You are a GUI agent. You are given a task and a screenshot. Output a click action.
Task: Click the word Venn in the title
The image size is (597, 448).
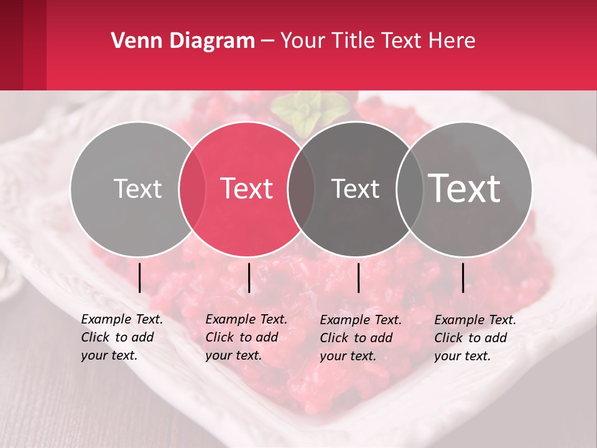click(x=131, y=40)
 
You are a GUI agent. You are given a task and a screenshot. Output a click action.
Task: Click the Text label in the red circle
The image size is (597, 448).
click(x=247, y=189)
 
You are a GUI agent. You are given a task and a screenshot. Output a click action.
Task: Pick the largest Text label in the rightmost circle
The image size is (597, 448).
click(x=465, y=188)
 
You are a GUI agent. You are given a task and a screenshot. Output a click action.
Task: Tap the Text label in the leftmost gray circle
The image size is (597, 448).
click(x=137, y=189)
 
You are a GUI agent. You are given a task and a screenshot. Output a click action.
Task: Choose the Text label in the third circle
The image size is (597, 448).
click(x=355, y=189)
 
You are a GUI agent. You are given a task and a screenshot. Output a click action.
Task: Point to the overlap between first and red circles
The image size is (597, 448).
click(x=192, y=189)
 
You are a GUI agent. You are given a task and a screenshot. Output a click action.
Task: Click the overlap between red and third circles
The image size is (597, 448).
click(x=301, y=189)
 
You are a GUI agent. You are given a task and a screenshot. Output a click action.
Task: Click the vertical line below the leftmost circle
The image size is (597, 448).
click(x=140, y=278)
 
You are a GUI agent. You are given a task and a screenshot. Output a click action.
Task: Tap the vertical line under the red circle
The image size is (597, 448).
click(x=249, y=278)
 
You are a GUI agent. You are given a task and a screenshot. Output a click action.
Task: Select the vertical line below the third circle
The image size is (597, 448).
click(x=358, y=278)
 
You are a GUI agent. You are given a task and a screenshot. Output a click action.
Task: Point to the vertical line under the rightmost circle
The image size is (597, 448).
click(x=463, y=278)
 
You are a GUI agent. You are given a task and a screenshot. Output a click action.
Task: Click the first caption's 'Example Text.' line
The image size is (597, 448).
click(x=122, y=319)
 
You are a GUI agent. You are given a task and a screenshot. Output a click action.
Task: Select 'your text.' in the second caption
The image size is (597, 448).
click(x=233, y=355)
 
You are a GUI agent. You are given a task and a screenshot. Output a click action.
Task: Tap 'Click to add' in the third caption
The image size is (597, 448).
click(x=356, y=338)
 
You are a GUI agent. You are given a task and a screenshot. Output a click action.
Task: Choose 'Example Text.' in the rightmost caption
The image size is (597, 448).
click(x=475, y=320)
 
